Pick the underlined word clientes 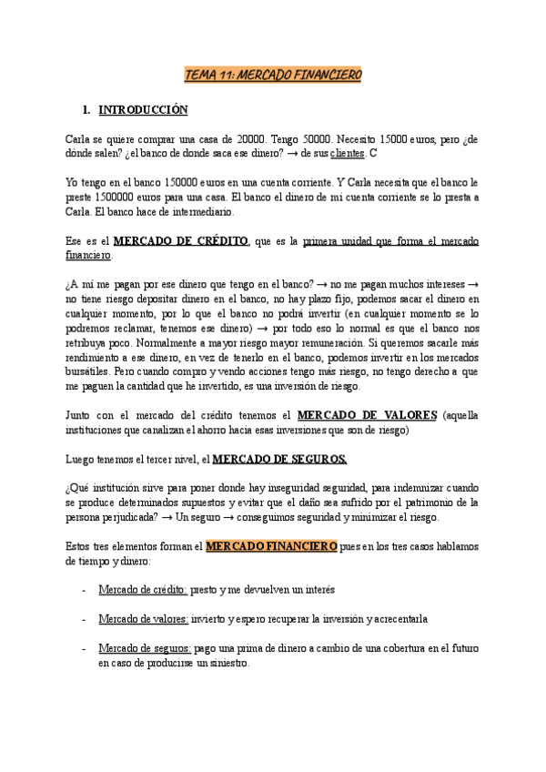[349, 154]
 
